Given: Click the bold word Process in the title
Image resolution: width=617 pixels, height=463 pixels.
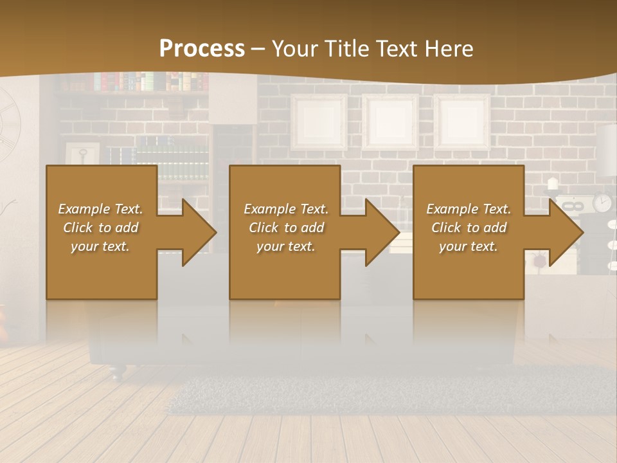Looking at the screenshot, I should click(202, 48).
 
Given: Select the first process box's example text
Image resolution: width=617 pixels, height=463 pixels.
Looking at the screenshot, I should click(100, 228).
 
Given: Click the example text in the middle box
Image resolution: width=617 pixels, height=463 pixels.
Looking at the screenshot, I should click(286, 228).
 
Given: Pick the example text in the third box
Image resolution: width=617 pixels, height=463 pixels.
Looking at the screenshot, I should click(469, 228).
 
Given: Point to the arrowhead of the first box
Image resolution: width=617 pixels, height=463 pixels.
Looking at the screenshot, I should click(193, 232).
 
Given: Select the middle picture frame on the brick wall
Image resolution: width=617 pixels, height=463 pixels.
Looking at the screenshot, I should click(390, 122).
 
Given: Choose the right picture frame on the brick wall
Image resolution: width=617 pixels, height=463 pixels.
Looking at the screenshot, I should click(461, 122).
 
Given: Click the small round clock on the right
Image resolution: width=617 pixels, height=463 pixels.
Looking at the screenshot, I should click(602, 203).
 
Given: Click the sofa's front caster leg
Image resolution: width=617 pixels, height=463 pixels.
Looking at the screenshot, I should click(114, 371).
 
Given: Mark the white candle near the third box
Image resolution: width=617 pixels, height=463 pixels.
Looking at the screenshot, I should click(552, 183).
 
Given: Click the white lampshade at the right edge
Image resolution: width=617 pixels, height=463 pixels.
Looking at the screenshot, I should click(607, 148).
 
